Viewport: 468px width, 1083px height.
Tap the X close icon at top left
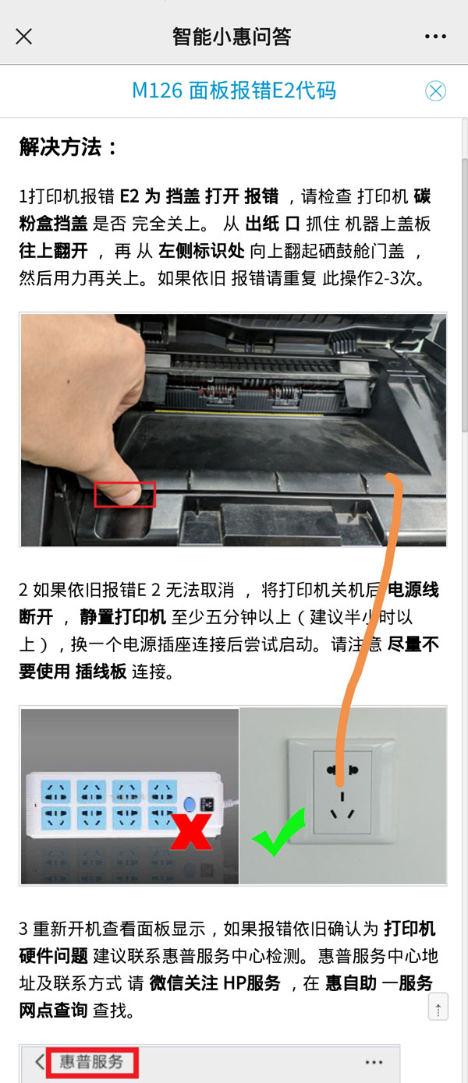pos(24,37)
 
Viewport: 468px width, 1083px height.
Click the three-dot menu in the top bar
pos(435,37)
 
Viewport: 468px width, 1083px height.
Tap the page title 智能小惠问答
pos(232,37)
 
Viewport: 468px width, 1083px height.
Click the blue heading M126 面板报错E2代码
pos(234,90)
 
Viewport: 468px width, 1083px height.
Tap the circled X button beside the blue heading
pos(435,91)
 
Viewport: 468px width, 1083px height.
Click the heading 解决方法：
pos(69,147)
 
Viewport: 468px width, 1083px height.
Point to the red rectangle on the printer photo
pos(125,494)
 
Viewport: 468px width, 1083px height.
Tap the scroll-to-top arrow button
pos(438,1008)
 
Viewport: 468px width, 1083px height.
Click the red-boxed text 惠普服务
pos(91,1061)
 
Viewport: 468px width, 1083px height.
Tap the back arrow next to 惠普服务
pos(39,1062)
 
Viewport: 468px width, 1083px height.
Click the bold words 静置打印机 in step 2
pos(123,617)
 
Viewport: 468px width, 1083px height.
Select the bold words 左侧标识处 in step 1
pos(194,251)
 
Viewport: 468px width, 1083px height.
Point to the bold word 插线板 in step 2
pos(101,672)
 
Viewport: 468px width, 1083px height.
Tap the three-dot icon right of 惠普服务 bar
pos(374,1062)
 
